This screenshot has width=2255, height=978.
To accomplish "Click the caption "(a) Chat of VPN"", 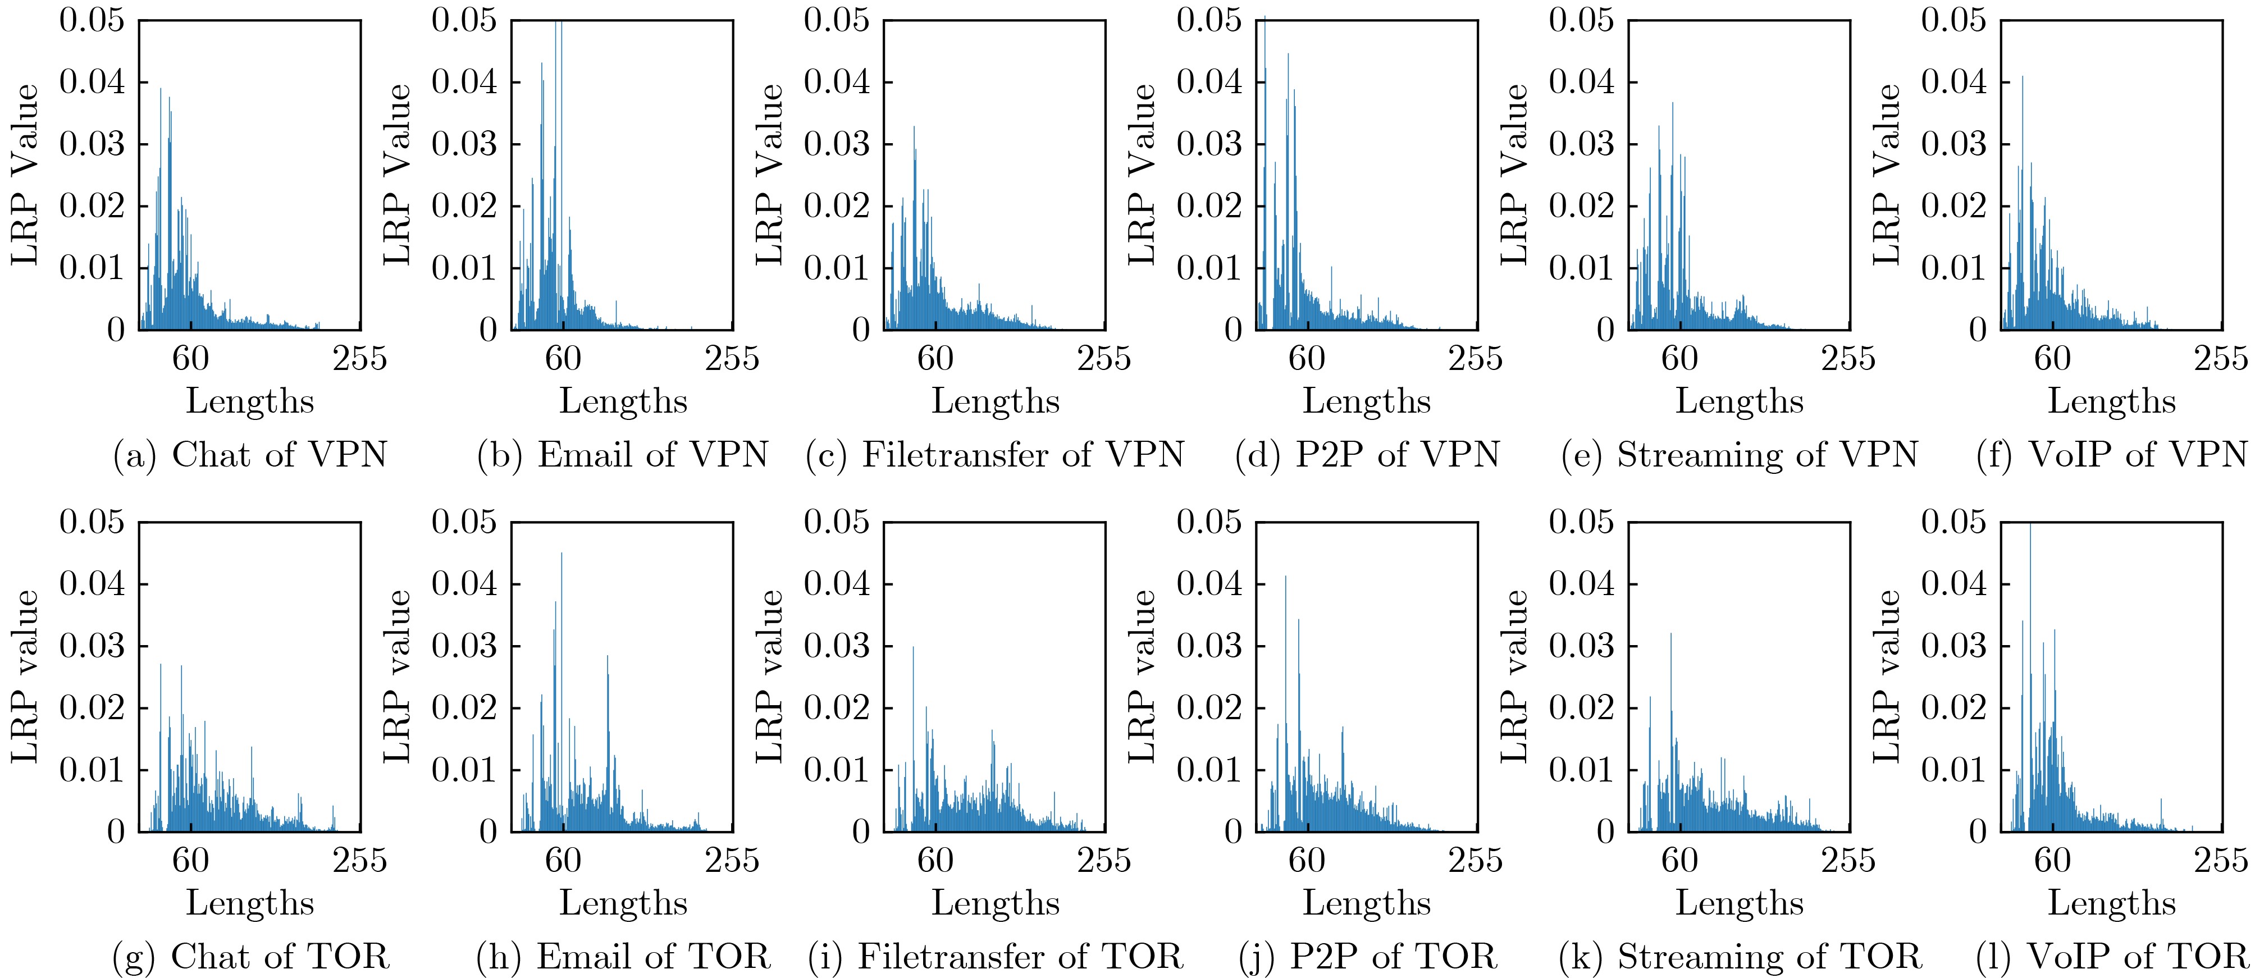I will pos(250,454).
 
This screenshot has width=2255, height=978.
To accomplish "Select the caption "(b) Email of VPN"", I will pos(622,454).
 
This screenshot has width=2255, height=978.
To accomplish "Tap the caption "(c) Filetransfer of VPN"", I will pos(994,454).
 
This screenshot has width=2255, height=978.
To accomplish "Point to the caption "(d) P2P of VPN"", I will pos(1367,454).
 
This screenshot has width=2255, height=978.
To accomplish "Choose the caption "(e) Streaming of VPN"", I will pos(1740,454).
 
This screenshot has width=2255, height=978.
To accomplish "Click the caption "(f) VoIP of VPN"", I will pos(2111,454).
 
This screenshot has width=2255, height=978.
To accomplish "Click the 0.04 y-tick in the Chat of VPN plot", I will pos(92,83).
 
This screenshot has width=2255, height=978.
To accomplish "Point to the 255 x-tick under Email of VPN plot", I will pos(732,358).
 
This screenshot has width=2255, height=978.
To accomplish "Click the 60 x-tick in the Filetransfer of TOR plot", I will pos(935,860).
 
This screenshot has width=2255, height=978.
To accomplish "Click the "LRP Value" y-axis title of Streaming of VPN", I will pos(1514,174).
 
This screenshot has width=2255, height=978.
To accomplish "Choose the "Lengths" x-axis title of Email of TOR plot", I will pos(622,903).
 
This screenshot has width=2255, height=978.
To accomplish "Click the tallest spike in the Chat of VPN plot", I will pos(161,89).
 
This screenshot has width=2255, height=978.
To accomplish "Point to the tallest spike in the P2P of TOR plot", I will pos(1285,578).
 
